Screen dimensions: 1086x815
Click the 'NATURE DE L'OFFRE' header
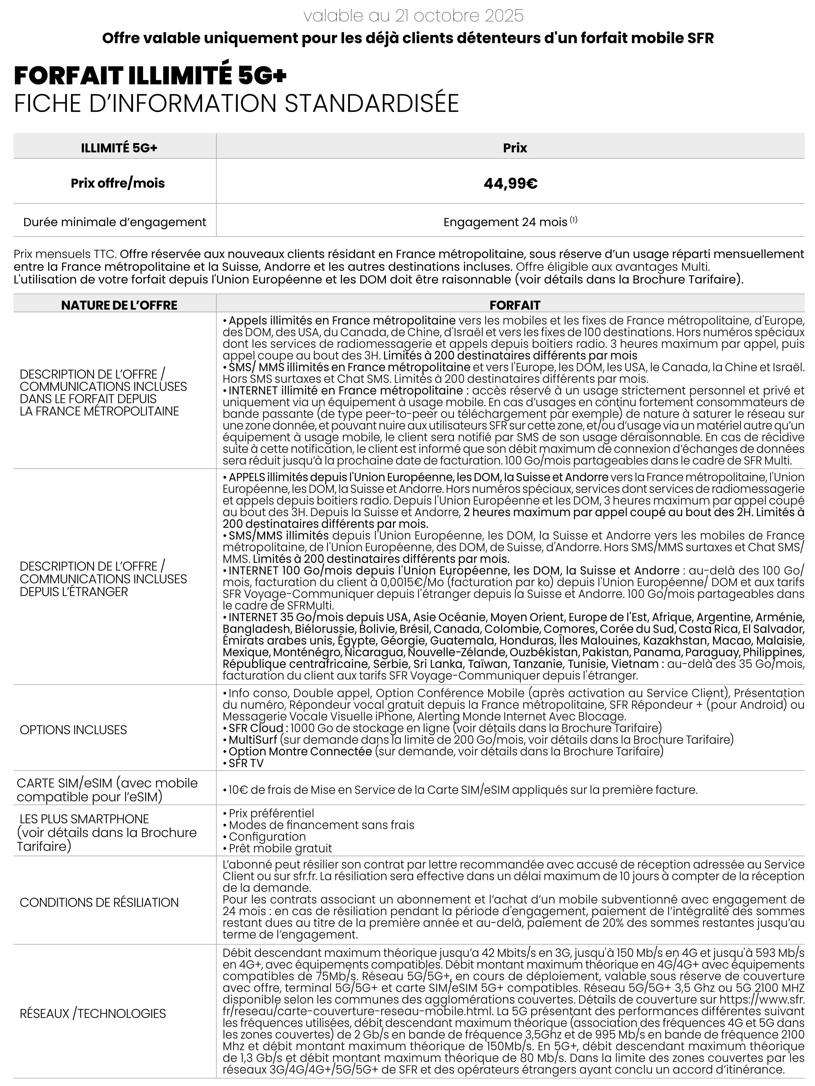pos(119,305)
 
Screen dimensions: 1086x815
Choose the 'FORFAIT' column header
pos(514,305)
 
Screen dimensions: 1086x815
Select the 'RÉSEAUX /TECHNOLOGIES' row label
pos(93,1013)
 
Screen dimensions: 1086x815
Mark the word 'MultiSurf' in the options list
pos(252,740)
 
